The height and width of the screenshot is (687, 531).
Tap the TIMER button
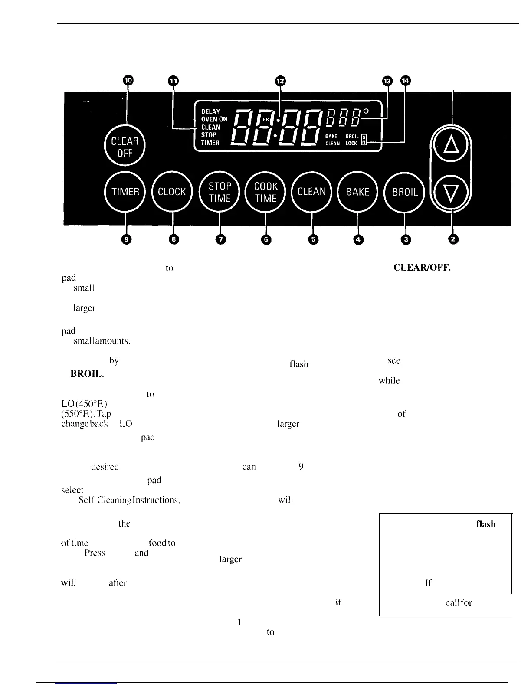[125, 192]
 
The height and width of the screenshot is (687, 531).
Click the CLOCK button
[172, 192]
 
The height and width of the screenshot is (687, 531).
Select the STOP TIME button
[220, 192]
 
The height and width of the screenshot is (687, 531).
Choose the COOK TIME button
[265, 192]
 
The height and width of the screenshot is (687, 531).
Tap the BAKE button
[358, 192]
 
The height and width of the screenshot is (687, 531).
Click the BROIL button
[405, 192]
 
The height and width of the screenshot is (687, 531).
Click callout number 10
[128, 81]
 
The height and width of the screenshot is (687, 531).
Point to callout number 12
[281, 81]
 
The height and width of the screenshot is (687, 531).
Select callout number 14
[406, 81]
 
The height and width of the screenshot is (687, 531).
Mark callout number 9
[126, 239]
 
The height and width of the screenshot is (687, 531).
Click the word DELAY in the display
[210, 111]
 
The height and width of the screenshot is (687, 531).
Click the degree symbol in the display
[366, 111]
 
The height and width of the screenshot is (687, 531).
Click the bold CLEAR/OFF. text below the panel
[421, 268]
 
